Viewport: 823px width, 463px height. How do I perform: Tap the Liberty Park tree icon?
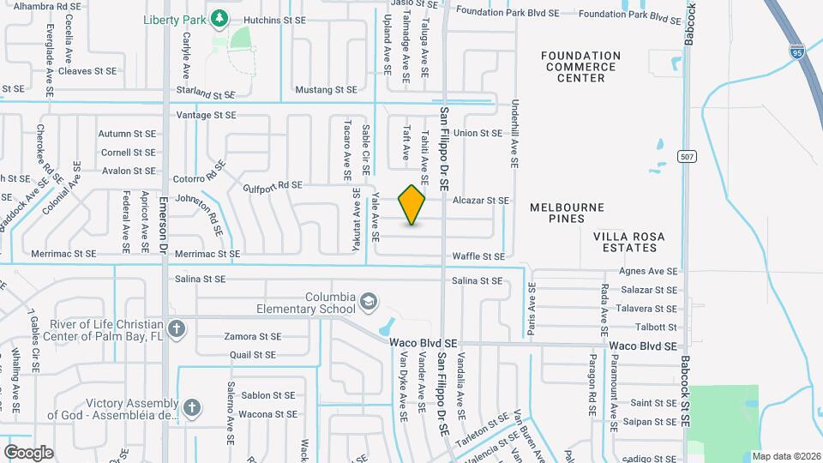tap(219, 16)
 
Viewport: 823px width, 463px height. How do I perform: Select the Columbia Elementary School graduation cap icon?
tap(368, 301)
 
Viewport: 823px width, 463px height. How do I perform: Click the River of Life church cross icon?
tap(176, 328)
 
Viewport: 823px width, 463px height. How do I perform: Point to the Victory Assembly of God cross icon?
tap(192, 408)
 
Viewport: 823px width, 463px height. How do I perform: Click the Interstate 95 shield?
tap(797, 51)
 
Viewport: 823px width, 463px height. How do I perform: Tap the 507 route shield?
tap(685, 156)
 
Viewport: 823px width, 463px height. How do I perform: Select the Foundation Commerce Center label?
tap(581, 67)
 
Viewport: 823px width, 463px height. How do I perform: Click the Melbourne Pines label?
tap(567, 213)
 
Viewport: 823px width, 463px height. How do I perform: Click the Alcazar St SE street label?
tap(480, 201)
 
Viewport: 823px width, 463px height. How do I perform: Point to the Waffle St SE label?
tap(478, 256)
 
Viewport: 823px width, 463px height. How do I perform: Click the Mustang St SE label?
tap(325, 89)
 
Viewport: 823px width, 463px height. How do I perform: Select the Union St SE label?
tap(478, 133)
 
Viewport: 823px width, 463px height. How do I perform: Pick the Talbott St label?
tap(656, 327)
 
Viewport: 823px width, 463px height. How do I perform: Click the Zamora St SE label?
tap(252, 337)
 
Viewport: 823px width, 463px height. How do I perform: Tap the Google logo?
tap(28, 452)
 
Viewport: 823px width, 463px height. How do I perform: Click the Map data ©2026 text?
tap(785, 456)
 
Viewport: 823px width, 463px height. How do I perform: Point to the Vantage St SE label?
tap(206, 115)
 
